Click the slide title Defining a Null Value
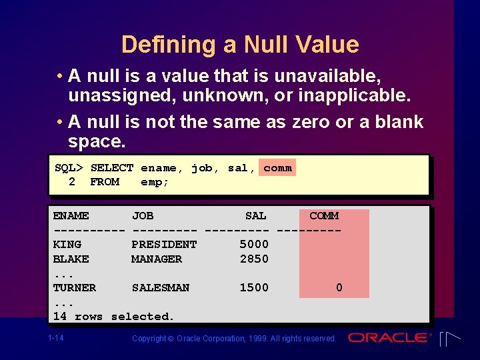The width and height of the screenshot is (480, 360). pos(240,45)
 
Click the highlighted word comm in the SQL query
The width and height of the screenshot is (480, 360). pos(277,168)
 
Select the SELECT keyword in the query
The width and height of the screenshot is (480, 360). pos(112,168)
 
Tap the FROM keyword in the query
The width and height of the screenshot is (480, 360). pos(105,182)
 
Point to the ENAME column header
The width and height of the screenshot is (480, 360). pos(71,215)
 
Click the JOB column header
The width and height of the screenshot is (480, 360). pos(143,215)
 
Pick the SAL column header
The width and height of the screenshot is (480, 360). pos(255,215)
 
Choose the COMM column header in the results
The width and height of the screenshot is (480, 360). pos(324,215)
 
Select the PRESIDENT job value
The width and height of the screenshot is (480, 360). pos(164,244)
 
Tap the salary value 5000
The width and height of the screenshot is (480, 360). pos(254,244)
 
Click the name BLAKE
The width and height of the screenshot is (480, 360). pos(71,259)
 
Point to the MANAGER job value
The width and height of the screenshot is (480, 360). pos(157,259)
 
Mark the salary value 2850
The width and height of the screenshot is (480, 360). pos(254,259)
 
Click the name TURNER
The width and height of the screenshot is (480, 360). pos(74,287)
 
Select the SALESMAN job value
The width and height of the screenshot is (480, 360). pos(161,287)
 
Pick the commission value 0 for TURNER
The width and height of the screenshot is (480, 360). pos(339,287)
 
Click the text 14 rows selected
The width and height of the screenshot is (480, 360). pos(113,316)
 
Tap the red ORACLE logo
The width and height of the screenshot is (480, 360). pos(390,337)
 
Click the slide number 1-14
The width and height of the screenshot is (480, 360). pos(56,338)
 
